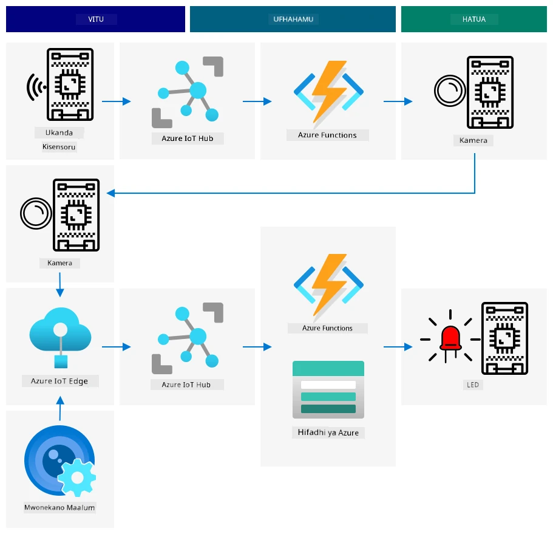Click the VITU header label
[x=96, y=19]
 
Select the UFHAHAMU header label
[x=293, y=19]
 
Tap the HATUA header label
[x=474, y=19]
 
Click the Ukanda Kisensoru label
[x=59, y=140]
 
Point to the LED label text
[x=473, y=385]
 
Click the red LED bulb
[x=450, y=338]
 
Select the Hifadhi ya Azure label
[x=328, y=433]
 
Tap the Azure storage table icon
[x=328, y=389]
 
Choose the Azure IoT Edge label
[x=59, y=381]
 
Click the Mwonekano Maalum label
[x=59, y=507]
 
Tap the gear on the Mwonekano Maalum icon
[x=77, y=478]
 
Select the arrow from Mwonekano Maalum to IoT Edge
[x=60, y=408]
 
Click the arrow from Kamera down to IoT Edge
[x=60, y=284]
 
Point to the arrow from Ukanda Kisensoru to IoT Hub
[x=117, y=101]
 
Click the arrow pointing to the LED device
[x=398, y=347]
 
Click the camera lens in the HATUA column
[x=450, y=91]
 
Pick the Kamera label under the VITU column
[x=59, y=263]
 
